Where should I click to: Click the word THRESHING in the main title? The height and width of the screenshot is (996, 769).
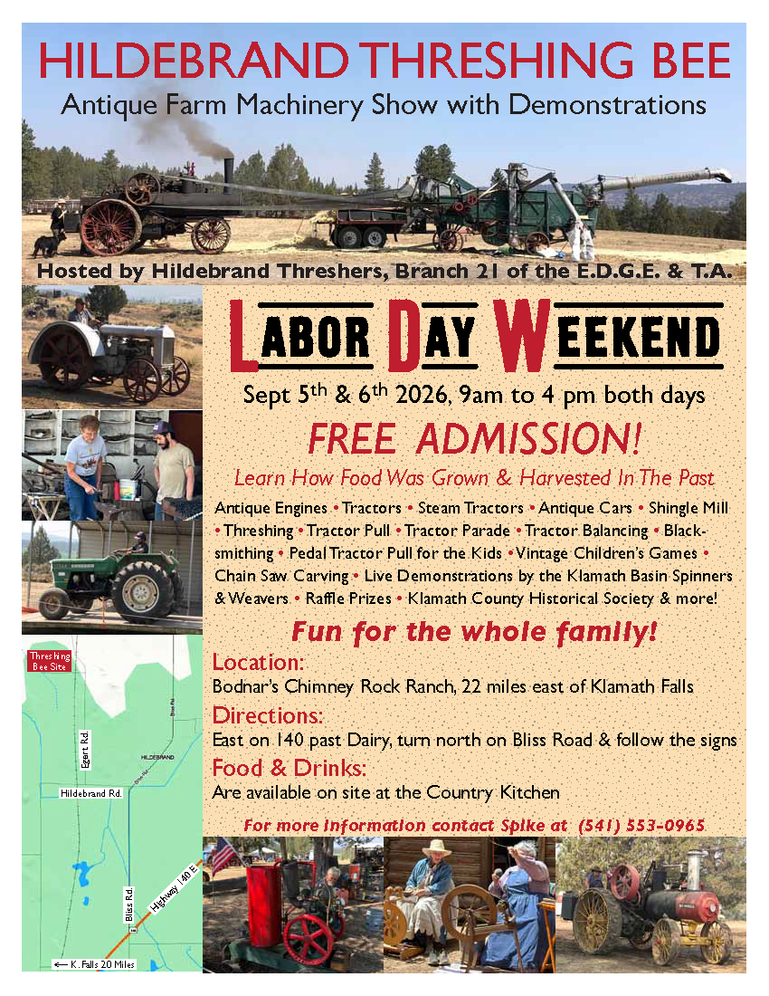[x=499, y=61]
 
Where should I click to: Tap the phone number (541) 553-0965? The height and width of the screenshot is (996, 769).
[x=641, y=825]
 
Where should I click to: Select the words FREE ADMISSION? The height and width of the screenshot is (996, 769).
[x=475, y=439]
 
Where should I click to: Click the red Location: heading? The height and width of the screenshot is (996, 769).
[x=258, y=663]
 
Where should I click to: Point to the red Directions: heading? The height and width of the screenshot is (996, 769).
[x=267, y=716]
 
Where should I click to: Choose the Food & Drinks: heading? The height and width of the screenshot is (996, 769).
[x=289, y=769]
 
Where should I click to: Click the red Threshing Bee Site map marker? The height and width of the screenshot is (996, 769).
[x=50, y=661]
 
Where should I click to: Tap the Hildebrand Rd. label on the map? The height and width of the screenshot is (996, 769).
[x=90, y=793]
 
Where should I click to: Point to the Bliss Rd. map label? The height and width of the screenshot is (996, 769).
[x=128, y=904]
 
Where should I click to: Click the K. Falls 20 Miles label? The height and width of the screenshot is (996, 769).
[x=95, y=964]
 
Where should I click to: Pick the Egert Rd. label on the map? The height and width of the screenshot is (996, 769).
[x=85, y=750]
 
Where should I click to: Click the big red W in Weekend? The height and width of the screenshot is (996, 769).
[x=521, y=335]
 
